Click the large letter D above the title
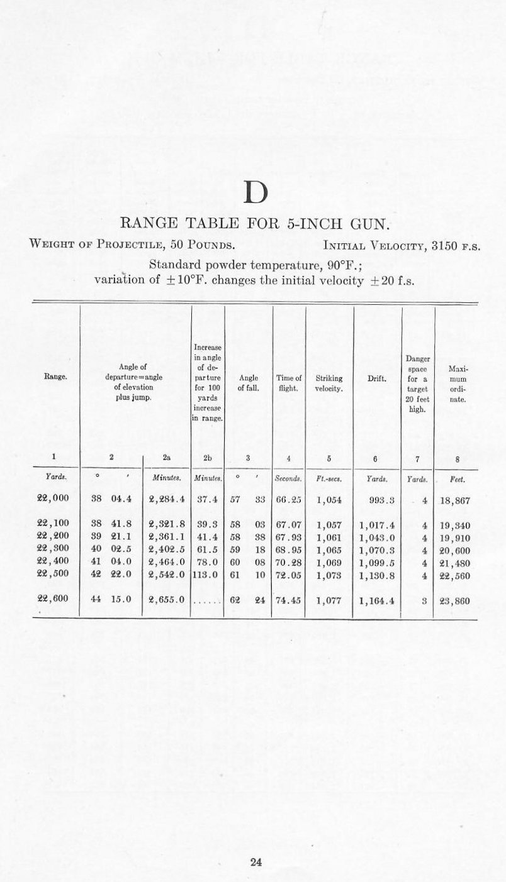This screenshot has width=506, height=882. coord(254,192)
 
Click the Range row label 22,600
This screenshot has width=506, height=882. coord(53,600)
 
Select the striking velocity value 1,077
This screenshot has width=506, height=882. coord(329,600)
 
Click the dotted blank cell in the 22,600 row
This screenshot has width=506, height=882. coord(207,600)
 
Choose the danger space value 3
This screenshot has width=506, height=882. coord(425,600)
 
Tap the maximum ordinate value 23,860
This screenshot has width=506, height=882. coord(456,600)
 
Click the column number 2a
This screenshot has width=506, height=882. coord(167,458)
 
